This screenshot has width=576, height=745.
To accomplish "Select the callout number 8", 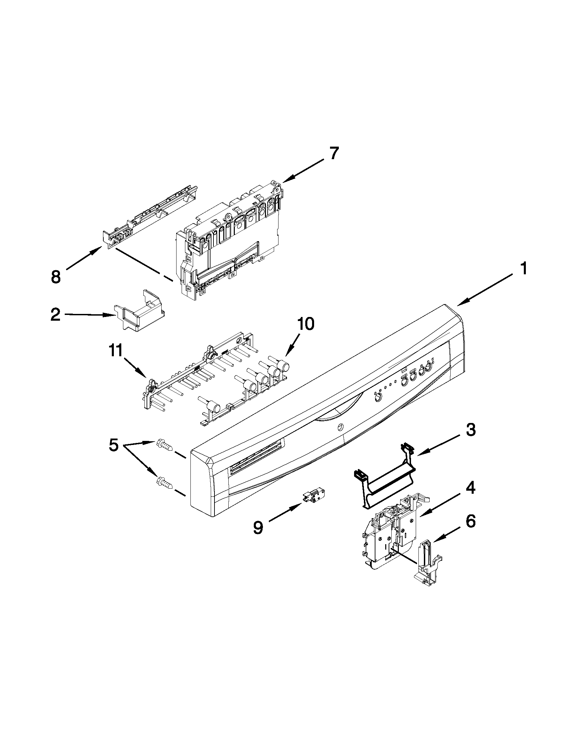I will [x=56, y=276].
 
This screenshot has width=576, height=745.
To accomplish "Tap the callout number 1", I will [x=524, y=269].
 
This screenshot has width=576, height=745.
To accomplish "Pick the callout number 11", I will [x=116, y=351].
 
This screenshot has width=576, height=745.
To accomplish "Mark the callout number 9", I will [x=258, y=528].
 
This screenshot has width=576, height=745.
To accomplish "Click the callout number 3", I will [x=471, y=430].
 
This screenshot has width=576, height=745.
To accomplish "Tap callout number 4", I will [x=471, y=489].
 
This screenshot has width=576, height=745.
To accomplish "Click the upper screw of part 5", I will [x=164, y=445].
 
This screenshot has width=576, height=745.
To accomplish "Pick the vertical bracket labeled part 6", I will [x=428, y=559].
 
